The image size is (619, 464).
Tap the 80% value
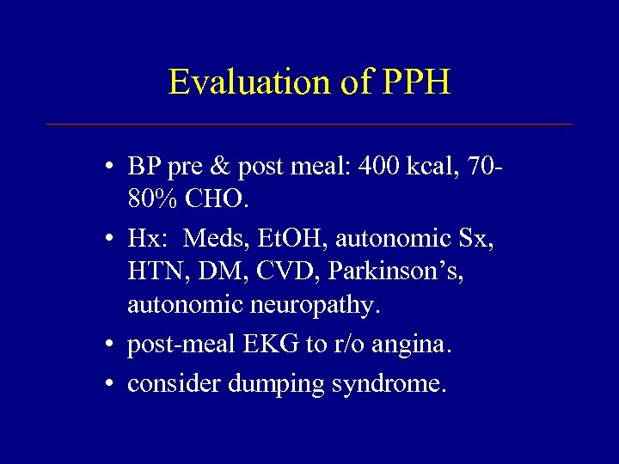click(x=153, y=199)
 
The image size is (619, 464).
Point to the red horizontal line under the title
click(x=309, y=125)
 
